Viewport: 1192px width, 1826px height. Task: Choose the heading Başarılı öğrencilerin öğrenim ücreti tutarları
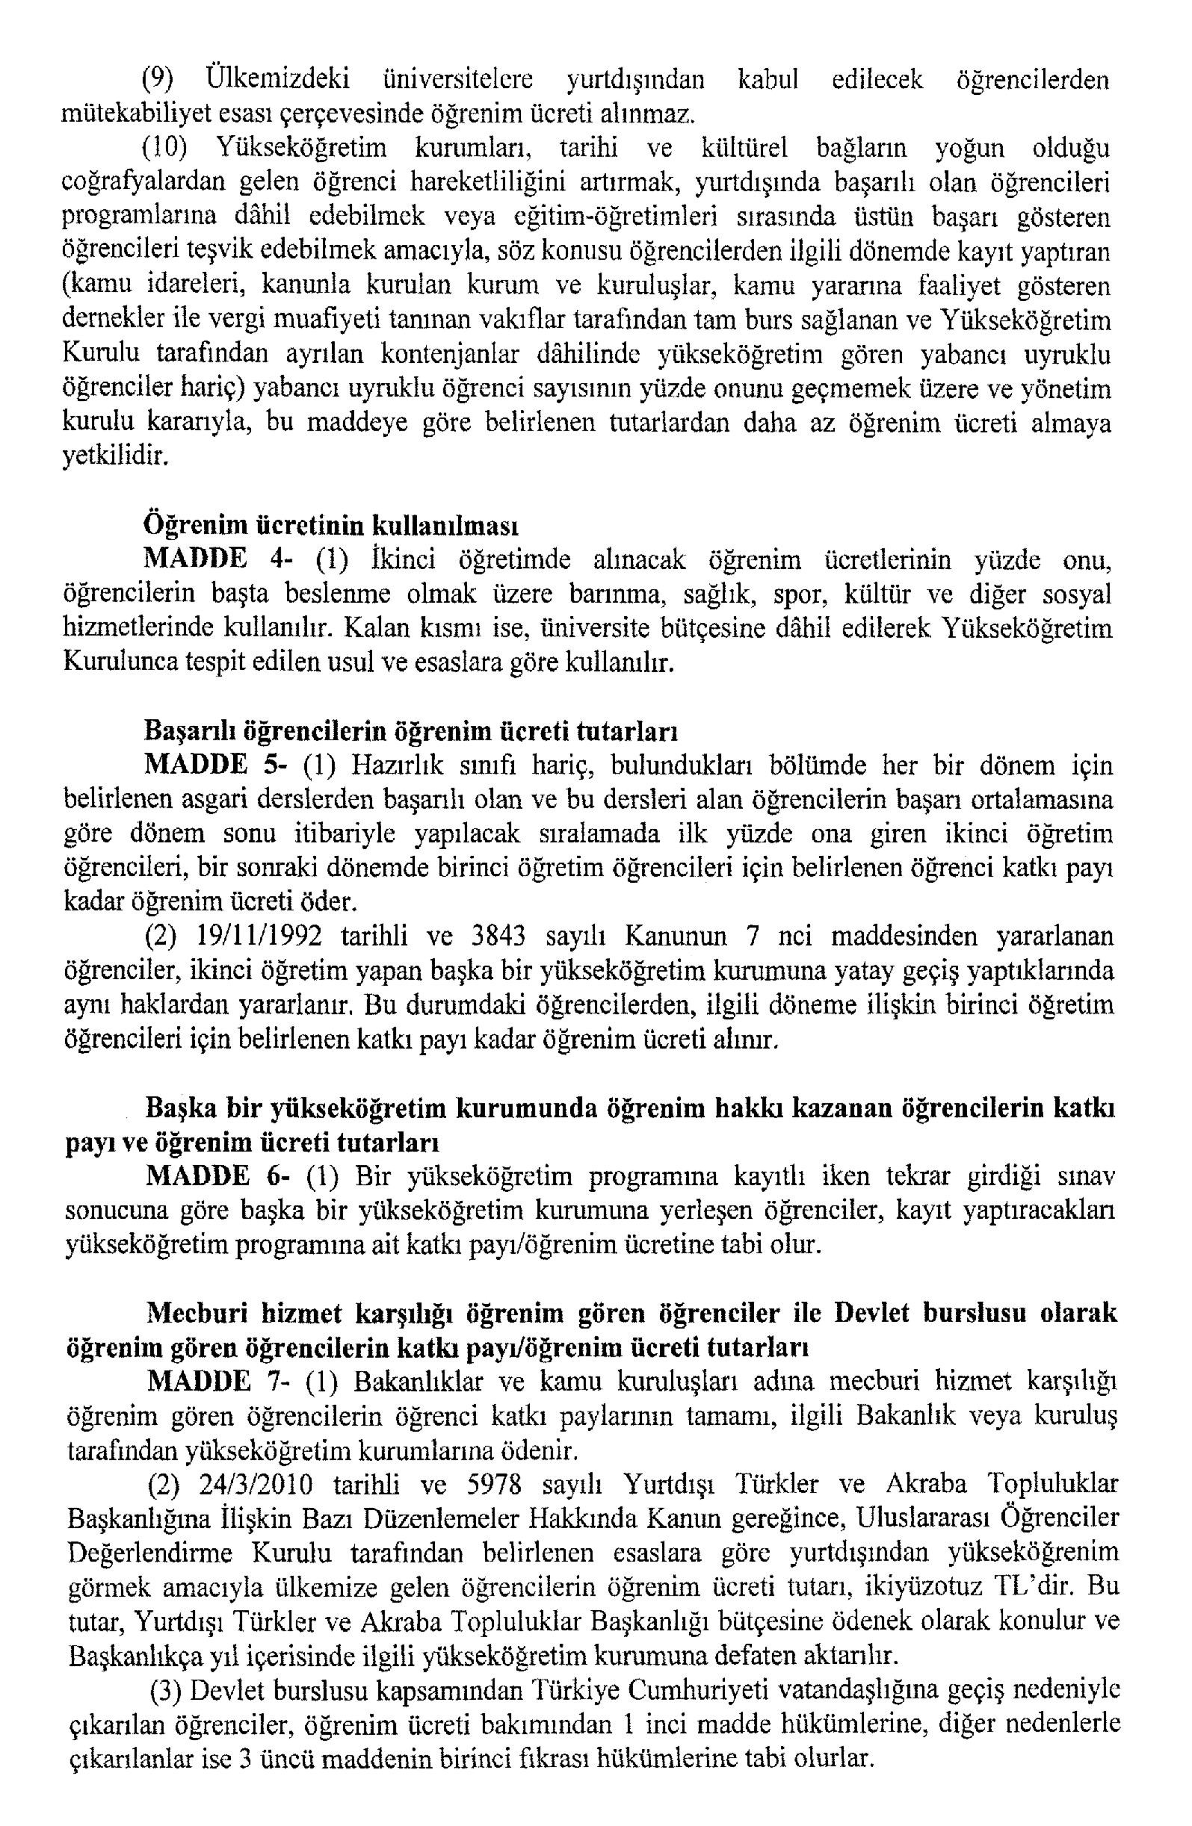410,731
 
